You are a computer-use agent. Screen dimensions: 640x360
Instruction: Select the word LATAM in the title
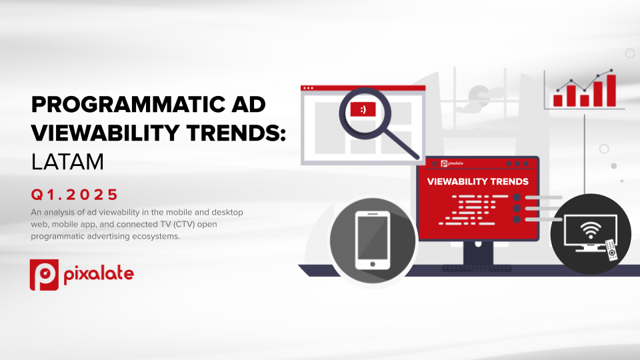(x=67, y=161)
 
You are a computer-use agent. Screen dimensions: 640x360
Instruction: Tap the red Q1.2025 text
(x=74, y=195)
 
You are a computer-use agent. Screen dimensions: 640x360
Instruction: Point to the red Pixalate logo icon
(x=44, y=275)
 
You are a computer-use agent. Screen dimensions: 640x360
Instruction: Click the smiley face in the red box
(x=363, y=109)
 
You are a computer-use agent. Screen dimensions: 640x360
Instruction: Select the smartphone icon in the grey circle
(x=372, y=241)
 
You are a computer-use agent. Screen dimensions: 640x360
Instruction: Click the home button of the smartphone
(x=373, y=264)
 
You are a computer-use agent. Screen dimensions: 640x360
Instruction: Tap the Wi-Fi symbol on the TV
(x=590, y=231)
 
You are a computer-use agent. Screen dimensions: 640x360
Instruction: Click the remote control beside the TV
(x=611, y=250)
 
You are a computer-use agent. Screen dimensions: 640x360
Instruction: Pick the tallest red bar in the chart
(x=611, y=91)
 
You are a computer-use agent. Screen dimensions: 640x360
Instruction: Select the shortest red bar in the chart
(x=557, y=101)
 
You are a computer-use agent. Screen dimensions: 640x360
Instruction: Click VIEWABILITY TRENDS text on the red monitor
(x=477, y=181)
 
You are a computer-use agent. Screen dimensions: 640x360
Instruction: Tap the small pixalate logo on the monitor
(x=452, y=164)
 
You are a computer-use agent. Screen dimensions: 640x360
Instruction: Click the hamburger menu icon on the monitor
(x=435, y=164)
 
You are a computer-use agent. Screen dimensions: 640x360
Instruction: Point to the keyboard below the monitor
(x=477, y=268)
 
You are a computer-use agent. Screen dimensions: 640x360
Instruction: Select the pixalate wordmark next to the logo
(x=99, y=274)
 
